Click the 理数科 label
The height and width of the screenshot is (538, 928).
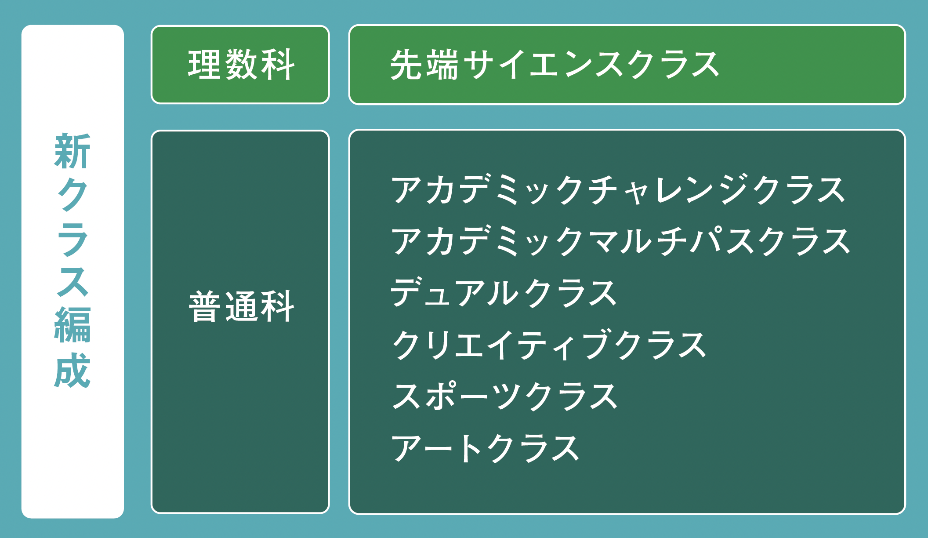click(x=241, y=65)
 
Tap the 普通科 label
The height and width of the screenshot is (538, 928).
click(x=241, y=306)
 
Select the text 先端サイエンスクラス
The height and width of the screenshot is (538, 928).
click(x=555, y=65)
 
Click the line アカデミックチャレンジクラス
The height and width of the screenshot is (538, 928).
click(x=618, y=189)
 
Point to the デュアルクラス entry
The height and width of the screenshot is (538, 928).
click(x=504, y=292)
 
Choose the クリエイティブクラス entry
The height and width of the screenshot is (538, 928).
click(x=548, y=345)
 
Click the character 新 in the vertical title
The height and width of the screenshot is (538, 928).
click(x=72, y=151)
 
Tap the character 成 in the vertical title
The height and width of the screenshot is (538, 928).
click(x=72, y=370)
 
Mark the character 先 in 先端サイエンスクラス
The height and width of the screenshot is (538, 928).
click(x=406, y=65)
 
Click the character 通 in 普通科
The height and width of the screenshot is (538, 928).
click(x=241, y=306)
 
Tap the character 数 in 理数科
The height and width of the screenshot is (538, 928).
click(x=241, y=65)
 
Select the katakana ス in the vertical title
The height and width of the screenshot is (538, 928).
click(x=72, y=281)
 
